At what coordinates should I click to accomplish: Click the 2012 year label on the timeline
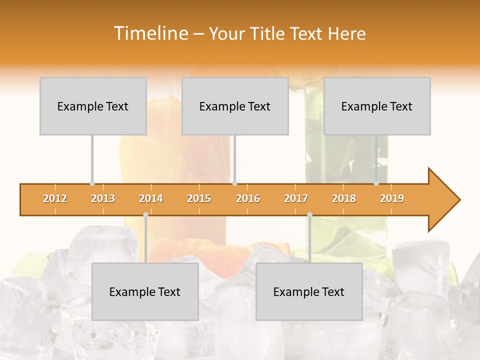point(55,199)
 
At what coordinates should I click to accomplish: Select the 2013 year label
point(103,199)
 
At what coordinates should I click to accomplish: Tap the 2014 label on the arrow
point(151,199)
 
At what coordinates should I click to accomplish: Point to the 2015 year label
point(199,199)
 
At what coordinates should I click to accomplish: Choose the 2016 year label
point(248,199)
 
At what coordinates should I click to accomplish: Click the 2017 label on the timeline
point(296,199)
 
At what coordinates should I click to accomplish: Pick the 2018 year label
point(344,199)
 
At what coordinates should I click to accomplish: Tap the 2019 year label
point(392,199)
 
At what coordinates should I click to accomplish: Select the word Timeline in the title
point(150,33)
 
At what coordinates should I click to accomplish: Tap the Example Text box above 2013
point(93,106)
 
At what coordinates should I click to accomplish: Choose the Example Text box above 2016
point(235,106)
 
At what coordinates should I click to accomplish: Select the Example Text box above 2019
point(377,106)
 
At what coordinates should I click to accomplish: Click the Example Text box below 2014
point(145,291)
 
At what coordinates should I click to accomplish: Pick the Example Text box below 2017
point(309,291)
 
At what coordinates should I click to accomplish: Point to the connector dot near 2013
point(92,183)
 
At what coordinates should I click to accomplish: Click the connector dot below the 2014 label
point(145,215)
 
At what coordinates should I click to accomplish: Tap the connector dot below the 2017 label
point(309,215)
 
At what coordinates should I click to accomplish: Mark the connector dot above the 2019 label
point(376,183)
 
